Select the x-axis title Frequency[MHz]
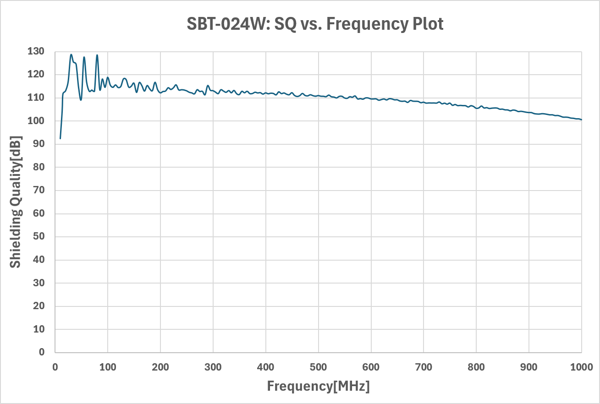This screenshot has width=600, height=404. (x=318, y=386)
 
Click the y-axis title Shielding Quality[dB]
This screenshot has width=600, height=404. (x=16, y=202)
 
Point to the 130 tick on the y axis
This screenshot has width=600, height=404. (x=36, y=51)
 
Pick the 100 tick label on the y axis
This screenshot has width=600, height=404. (x=36, y=121)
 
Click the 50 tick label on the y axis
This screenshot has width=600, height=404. (x=39, y=236)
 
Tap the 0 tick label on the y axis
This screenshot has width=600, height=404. (x=42, y=352)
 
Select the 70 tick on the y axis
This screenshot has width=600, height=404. (x=39, y=190)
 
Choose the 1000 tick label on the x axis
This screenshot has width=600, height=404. (x=582, y=367)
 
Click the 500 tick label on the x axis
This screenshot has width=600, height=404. (x=318, y=367)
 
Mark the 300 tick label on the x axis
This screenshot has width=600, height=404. (x=213, y=367)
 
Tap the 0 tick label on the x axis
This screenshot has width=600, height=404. (x=55, y=367)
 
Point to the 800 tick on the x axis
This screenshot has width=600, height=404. (x=476, y=367)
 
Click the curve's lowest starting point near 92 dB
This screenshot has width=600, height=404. (x=60, y=139)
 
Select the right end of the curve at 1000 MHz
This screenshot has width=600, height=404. (x=582, y=120)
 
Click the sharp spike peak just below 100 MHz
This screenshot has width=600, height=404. (x=97, y=55)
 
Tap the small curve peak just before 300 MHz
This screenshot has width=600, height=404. (x=208, y=85)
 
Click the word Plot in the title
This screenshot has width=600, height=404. (x=428, y=24)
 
